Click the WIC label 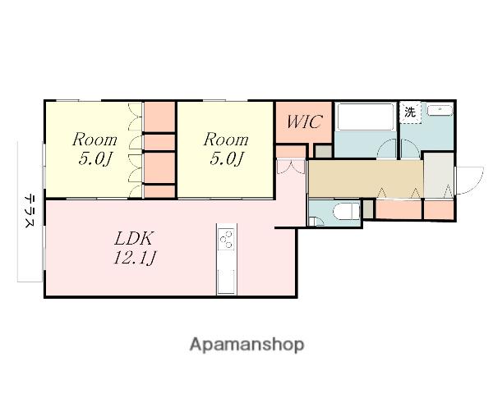[304, 121]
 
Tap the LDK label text [134, 238]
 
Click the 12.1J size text [134, 259]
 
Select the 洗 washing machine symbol [410, 112]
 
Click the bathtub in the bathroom [366, 117]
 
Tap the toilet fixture [347, 211]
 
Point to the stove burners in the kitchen [227, 239]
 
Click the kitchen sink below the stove [227, 282]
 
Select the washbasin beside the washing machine [440, 111]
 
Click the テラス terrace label [30, 210]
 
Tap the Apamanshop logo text [246, 345]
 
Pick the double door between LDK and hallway [291, 167]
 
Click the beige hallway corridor [366, 179]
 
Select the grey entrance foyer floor [439, 175]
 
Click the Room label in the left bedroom [94, 140]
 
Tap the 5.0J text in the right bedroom [227, 158]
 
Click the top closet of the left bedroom [159, 117]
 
